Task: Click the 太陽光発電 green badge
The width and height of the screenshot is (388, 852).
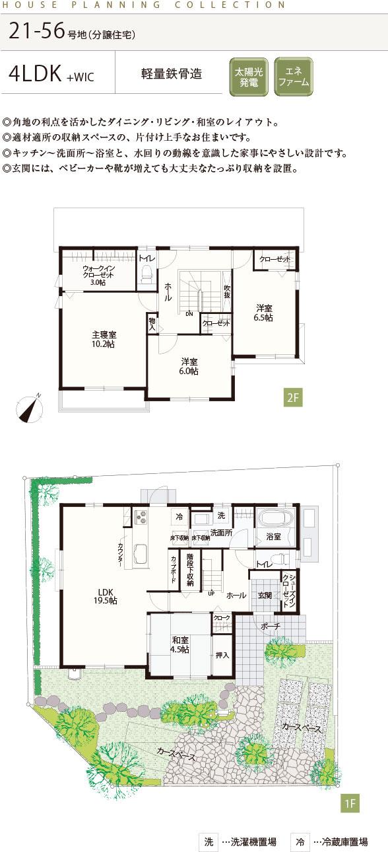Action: pos(249,78)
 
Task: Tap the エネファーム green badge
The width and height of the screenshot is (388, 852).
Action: pos(293,77)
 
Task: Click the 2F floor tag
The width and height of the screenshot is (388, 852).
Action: pos(293,397)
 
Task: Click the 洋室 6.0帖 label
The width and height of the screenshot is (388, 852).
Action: pos(189,366)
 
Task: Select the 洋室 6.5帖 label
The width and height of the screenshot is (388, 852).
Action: pos(265,312)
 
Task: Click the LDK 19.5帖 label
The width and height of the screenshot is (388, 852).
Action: pos(104,596)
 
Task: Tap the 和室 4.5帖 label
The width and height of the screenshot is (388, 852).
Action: pos(180,644)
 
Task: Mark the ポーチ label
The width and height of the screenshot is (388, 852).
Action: pos(271,625)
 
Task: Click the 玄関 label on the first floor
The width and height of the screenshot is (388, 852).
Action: pos(264,595)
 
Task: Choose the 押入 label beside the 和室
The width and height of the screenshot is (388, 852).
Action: pos(222,656)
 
